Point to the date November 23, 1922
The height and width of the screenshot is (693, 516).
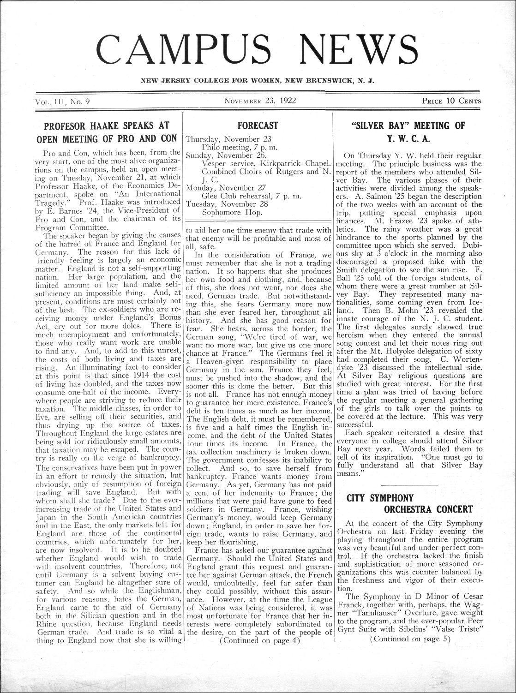point(260,100)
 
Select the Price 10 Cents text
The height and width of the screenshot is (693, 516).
point(451,101)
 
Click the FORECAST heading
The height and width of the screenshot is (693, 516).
point(258,125)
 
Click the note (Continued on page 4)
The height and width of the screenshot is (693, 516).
point(260,640)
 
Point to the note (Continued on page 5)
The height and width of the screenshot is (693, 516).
point(409,639)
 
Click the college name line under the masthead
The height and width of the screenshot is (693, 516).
point(258,81)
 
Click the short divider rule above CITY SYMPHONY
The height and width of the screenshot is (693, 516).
point(409,485)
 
